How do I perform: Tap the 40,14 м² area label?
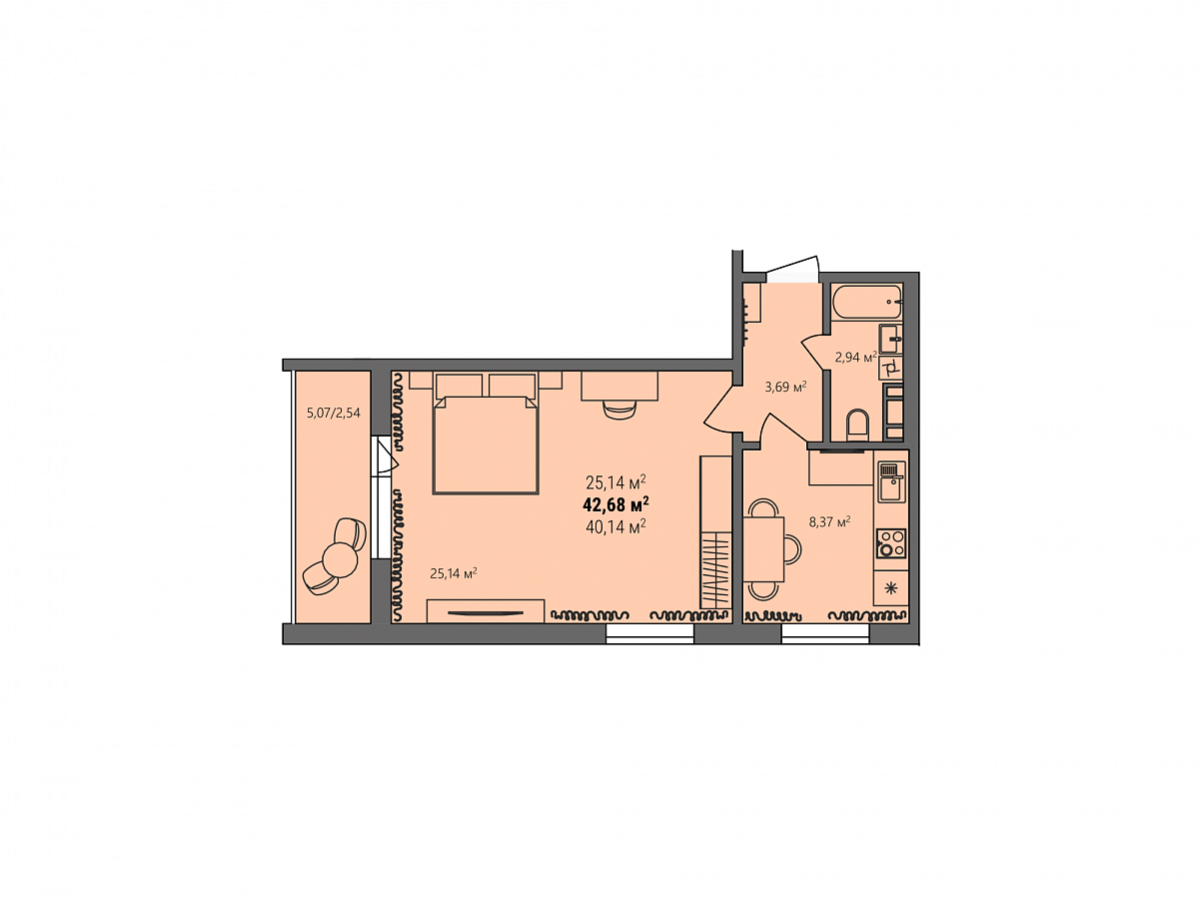pyautogui.click(x=615, y=527)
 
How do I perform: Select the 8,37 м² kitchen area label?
pyautogui.click(x=829, y=522)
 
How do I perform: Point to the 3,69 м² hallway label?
pyautogui.click(x=785, y=388)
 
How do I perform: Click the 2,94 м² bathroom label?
pyautogui.click(x=855, y=358)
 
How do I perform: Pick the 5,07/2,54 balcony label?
pyautogui.click(x=333, y=414)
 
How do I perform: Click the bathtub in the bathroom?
pyautogui.click(x=867, y=302)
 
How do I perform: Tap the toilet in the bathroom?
pyautogui.click(x=857, y=426)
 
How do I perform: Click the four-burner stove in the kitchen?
pyautogui.click(x=891, y=543)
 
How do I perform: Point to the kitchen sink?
pyautogui.click(x=891, y=481)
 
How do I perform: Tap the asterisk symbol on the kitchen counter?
pyautogui.click(x=890, y=588)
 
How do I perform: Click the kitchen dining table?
pyautogui.click(x=763, y=549)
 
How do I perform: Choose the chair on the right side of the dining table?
pyautogui.click(x=792, y=549)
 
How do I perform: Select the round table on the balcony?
pyautogui.click(x=340, y=560)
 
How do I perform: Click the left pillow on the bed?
pyautogui.click(x=459, y=386)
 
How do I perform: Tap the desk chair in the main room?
pyautogui.click(x=619, y=409)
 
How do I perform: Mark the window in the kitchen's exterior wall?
pyautogui.click(x=825, y=634)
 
